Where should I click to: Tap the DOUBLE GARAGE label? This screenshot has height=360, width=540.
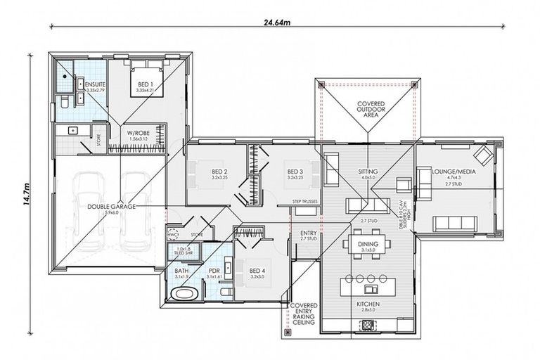111,207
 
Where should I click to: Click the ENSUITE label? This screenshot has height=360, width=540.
91,84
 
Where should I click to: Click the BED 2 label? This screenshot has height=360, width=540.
219,172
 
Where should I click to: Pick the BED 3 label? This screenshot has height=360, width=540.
295,172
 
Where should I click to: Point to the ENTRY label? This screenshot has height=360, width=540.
308,233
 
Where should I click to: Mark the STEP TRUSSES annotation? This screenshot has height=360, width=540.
306,202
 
